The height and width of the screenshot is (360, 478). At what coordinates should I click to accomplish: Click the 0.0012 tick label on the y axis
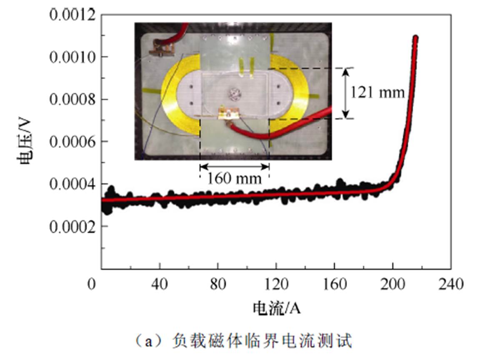coord(72,15)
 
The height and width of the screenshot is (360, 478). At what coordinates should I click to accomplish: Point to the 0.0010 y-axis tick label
coord(72,57)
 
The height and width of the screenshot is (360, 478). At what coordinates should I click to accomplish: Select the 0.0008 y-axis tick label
coord(72,99)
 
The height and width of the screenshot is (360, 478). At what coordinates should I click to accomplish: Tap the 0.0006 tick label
coord(72,142)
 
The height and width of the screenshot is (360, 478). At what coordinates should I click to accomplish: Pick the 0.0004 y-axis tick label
coord(72,184)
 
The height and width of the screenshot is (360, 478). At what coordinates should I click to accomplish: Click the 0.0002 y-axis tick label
coord(72,227)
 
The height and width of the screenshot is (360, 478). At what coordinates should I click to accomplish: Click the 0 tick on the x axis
coord(92,285)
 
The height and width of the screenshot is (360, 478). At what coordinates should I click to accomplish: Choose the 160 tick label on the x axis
coord(335,285)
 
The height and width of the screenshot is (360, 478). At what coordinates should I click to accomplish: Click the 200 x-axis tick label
coord(393,285)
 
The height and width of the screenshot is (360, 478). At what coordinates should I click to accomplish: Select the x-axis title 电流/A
coord(277,309)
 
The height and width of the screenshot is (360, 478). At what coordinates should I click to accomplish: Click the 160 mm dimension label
coord(235,178)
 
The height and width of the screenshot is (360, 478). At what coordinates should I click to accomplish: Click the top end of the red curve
coord(415,38)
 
